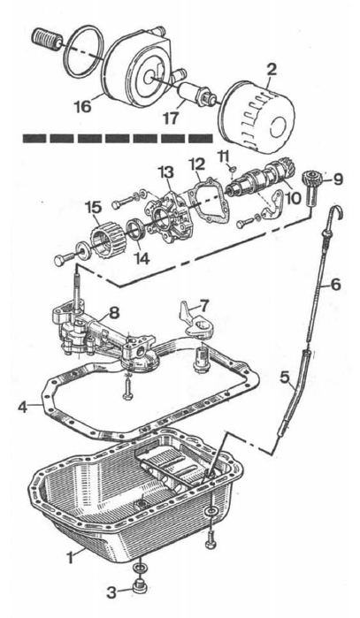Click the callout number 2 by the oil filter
click(x=272, y=70)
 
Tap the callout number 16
click(x=83, y=105)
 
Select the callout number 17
click(x=171, y=118)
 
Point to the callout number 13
click(x=165, y=172)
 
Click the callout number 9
click(x=338, y=179)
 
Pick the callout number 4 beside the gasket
click(x=23, y=407)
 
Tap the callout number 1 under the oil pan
click(x=70, y=557)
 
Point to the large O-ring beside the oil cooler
click(x=84, y=51)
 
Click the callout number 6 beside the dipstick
click(x=335, y=284)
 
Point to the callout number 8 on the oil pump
click(x=114, y=313)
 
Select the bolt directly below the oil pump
click(x=127, y=390)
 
